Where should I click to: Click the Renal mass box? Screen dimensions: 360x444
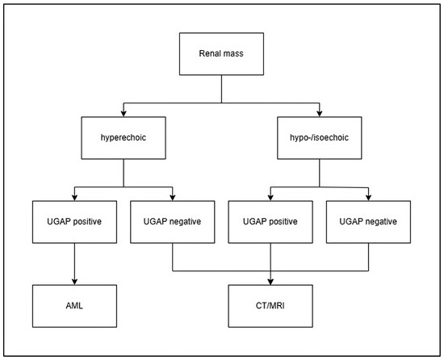(221, 57)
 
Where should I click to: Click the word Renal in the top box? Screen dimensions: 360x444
(210, 57)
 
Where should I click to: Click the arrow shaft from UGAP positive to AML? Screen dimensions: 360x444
(74, 262)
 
